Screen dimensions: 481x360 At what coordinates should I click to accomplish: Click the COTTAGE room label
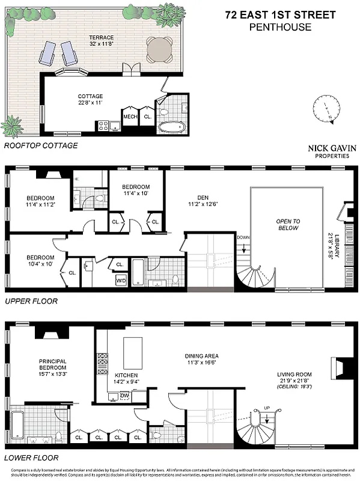pos(90,96)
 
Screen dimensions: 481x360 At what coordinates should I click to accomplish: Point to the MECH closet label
pos(130,117)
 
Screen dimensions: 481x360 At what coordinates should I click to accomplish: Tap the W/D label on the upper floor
pos(120,280)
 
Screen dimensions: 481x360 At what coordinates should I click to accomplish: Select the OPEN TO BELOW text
pos(288,225)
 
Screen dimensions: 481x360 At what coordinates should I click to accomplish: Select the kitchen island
pos(133,353)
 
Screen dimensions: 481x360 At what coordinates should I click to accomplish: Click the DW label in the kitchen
pos(124,395)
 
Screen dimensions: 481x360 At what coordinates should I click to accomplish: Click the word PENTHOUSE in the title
pos(281,27)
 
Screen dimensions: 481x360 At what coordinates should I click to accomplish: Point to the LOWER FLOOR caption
pos(26,457)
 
